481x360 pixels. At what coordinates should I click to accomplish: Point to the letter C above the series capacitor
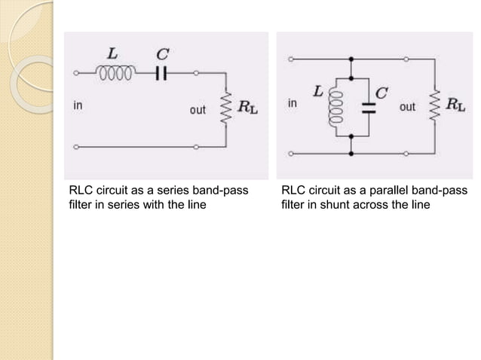161,53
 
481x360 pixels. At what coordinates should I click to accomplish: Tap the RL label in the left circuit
247,108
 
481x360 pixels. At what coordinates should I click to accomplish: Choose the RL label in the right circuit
455,105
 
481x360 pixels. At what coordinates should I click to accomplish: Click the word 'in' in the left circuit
78,106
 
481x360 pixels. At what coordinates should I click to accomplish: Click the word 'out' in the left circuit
198,110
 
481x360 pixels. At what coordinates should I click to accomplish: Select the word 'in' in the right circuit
292,102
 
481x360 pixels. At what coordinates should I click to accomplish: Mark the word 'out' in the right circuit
406,107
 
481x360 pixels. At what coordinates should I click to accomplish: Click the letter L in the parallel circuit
318,91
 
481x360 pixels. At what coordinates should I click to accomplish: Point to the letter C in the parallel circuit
381,93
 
